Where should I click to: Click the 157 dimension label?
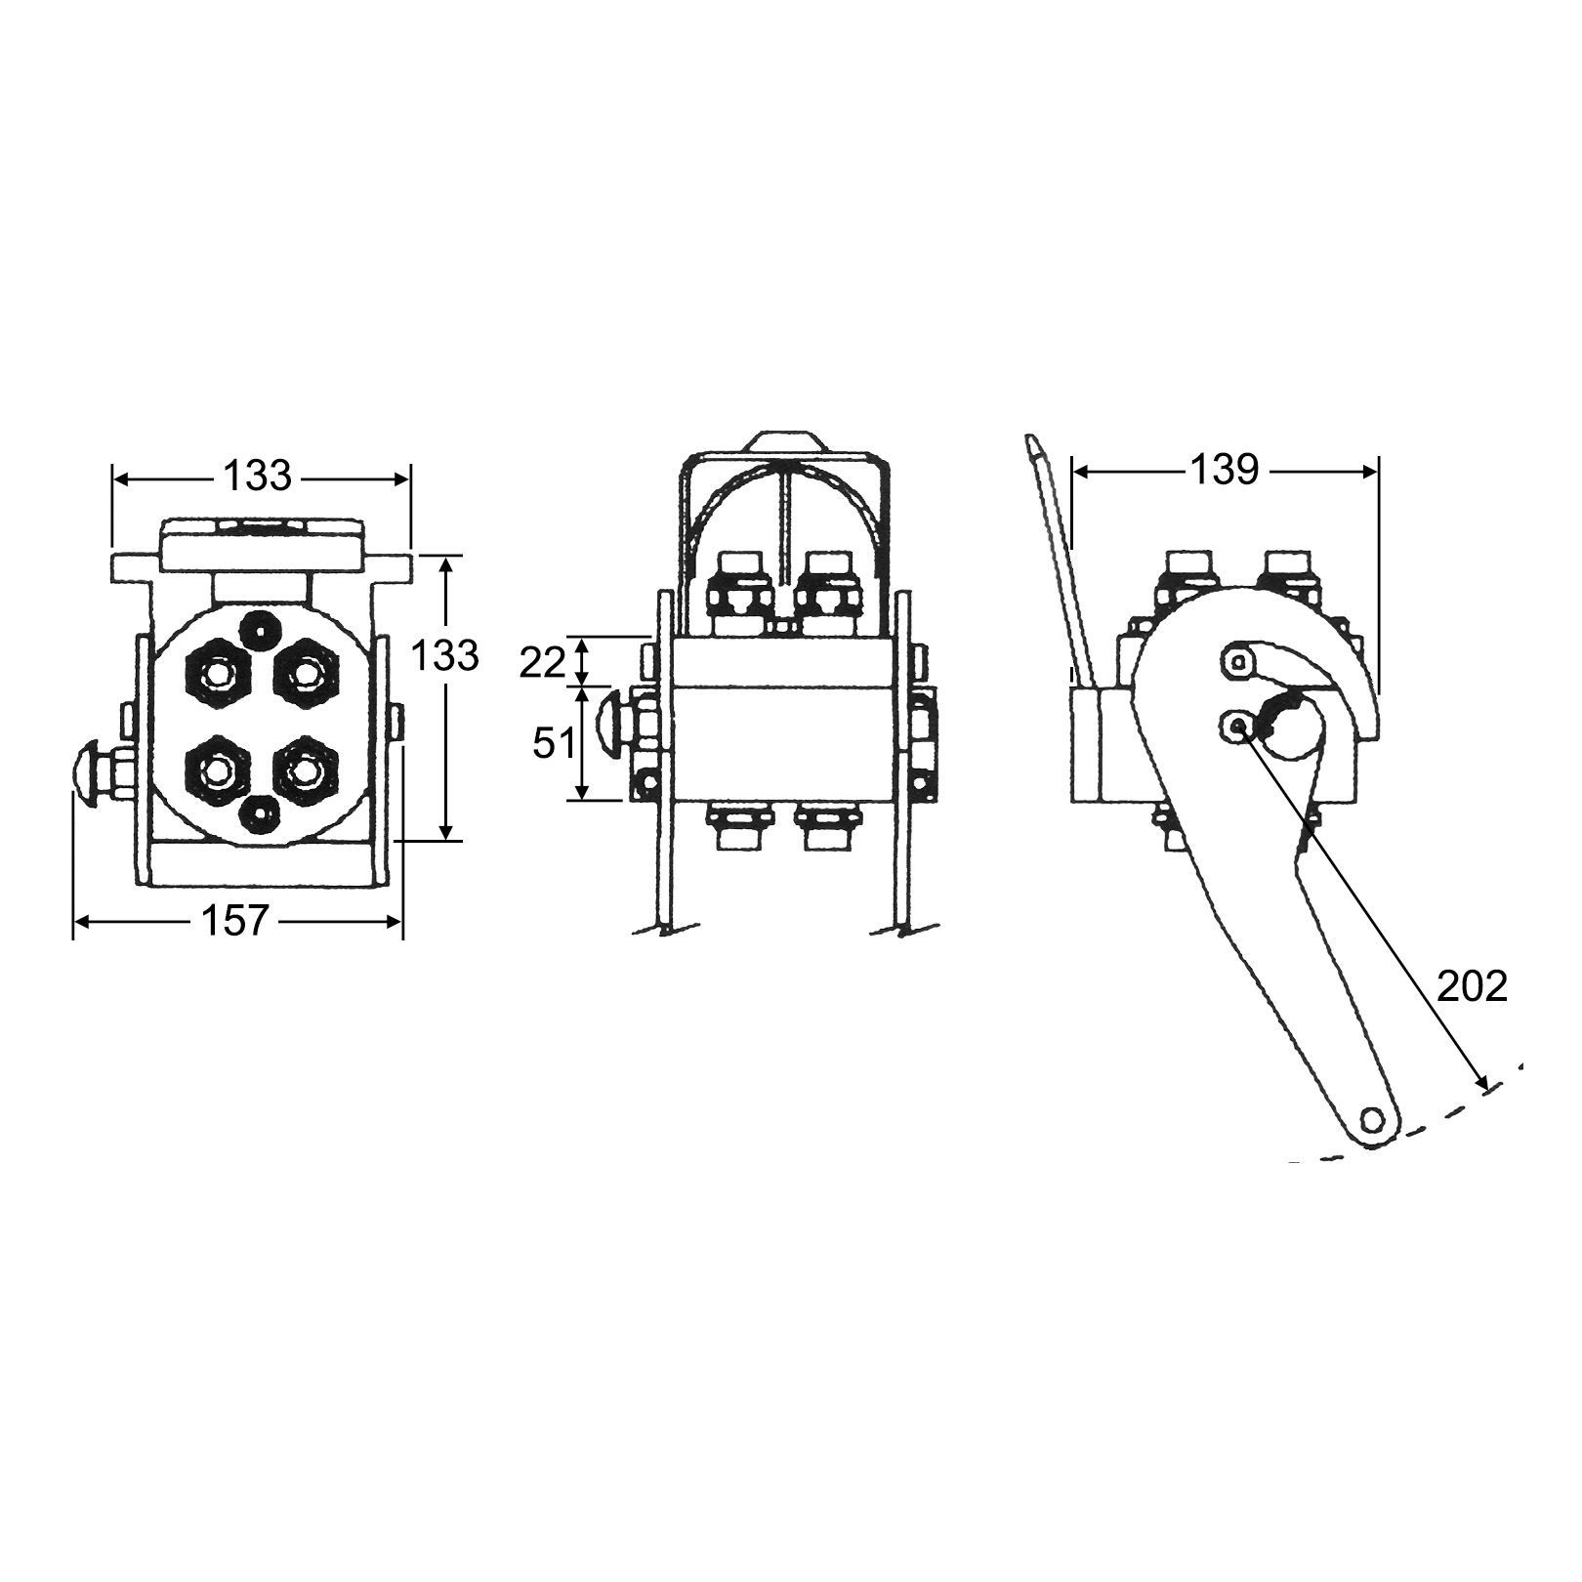234,920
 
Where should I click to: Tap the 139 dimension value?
1225,471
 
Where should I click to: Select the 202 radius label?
1473,987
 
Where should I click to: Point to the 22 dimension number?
542,663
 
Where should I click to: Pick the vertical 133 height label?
444,656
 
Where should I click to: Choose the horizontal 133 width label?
258,476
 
